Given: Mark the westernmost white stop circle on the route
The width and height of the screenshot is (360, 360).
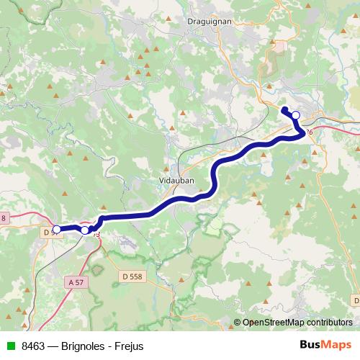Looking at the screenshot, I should click(x=56, y=230).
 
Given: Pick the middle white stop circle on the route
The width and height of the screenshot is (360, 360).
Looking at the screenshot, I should click(x=85, y=230).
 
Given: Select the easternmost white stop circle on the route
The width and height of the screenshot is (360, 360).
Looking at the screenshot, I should click(x=295, y=115).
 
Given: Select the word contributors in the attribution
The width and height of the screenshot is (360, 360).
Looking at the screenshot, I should click(x=330, y=323).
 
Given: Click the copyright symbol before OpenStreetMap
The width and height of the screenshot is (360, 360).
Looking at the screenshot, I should click(x=238, y=323).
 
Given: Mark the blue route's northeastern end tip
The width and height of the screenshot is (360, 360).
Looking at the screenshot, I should click(x=284, y=109).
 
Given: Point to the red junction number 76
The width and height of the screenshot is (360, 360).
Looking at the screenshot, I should click(x=310, y=132).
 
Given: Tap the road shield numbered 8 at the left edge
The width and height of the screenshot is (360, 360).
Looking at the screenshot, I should click(x=3, y=218).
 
